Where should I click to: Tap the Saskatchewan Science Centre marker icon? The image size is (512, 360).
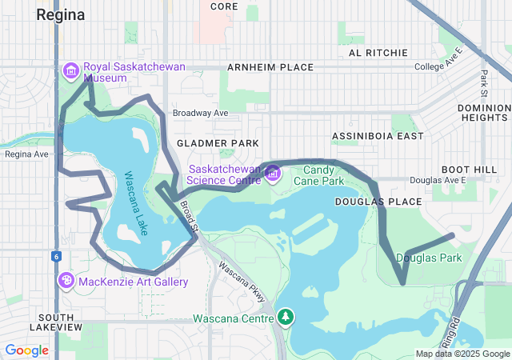pyautogui.click(x=273, y=173)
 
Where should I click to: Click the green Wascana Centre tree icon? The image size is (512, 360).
pyautogui.click(x=286, y=318)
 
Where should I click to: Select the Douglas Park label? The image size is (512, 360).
pyautogui.click(x=428, y=258)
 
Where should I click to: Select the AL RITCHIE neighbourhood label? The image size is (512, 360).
pyautogui.click(x=378, y=52)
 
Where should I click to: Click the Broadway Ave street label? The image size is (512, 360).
pyautogui.click(x=200, y=114)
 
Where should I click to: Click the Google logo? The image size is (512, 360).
pyautogui.click(x=27, y=350)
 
